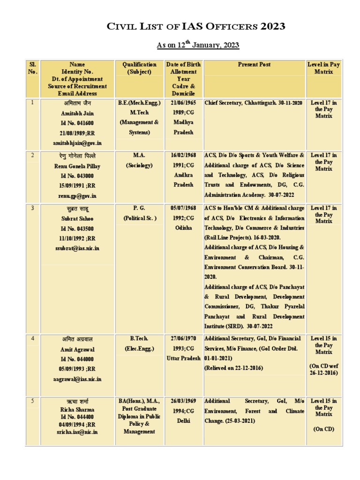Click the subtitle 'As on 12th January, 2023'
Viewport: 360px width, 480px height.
pos(197,45)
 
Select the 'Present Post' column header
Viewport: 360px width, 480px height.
pos(254,65)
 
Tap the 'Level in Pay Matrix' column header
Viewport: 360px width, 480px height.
pos(323,68)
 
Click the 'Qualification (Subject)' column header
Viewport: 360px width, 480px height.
pos(139,68)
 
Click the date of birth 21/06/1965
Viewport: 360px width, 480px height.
pos(183,102)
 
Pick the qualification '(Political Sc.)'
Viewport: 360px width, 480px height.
pos(140,218)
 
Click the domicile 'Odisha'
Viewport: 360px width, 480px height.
pos(183,228)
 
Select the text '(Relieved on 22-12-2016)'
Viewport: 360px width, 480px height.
pos(234,368)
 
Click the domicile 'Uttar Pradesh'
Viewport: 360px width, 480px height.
pos(183,359)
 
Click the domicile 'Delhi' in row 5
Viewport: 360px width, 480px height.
pos(183,421)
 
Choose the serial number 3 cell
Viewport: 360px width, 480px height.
pos(32,208)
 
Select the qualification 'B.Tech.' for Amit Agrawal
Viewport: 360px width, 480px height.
pos(139,338)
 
